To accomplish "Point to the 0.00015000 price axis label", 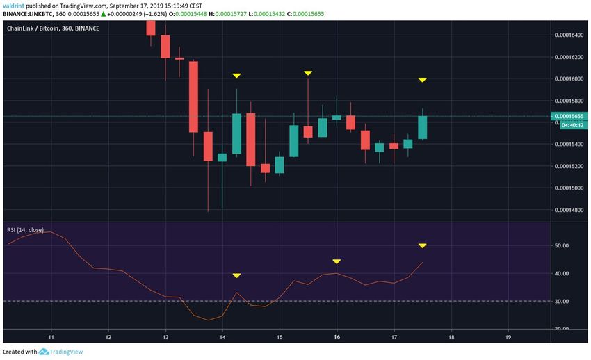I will (x=569, y=188).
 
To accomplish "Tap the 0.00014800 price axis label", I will (x=569, y=211).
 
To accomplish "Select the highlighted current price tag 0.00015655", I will (x=569, y=116).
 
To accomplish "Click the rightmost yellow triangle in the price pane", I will (x=422, y=80).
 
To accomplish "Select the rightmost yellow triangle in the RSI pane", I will (x=422, y=245).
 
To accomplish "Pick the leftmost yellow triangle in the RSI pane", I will (x=236, y=276).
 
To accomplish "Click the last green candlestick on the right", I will (x=422, y=127).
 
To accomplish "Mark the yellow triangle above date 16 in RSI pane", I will (x=337, y=261).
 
